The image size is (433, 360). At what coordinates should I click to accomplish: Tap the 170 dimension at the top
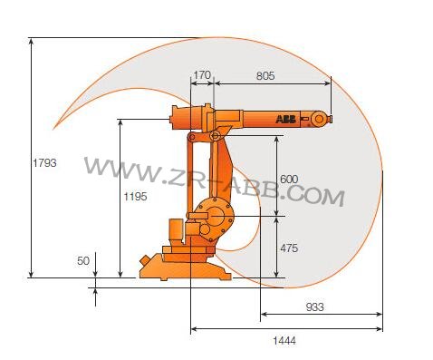pos(202,76)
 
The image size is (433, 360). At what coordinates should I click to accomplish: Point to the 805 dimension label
pos(265,76)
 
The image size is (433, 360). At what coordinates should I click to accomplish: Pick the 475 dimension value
pos(289,248)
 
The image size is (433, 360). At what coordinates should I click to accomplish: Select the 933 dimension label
pos(313,306)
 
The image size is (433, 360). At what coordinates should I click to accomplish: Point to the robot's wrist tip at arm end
pos(323,118)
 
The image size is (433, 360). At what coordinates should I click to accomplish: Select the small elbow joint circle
pos(215,136)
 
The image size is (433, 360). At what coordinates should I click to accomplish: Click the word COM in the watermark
pos(317,194)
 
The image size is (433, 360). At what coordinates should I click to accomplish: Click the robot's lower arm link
pos(227,172)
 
